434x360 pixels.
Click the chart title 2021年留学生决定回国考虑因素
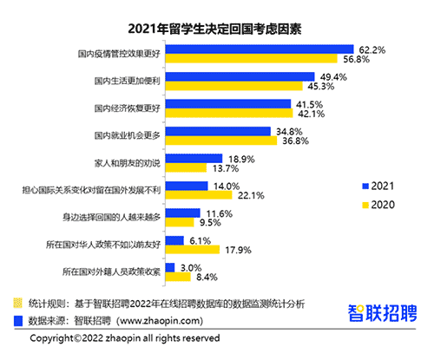click(x=216, y=24)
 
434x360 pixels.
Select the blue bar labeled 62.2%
click(x=259, y=49)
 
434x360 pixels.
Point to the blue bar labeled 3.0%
click(x=169, y=268)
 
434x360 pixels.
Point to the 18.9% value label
click(x=240, y=159)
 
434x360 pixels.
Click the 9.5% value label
click(x=210, y=222)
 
